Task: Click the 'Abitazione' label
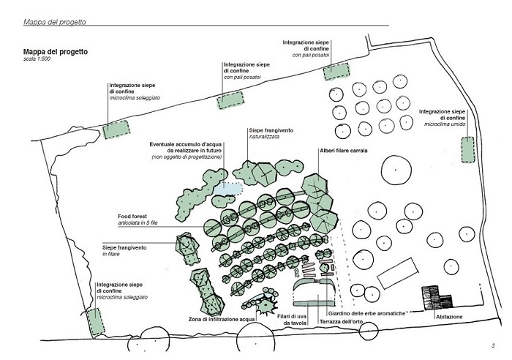click(x=449, y=317)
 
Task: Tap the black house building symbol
click(x=437, y=298)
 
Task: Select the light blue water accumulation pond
click(x=228, y=189)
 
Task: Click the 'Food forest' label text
click(x=132, y=217)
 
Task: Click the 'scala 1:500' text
click(x=37, y=59)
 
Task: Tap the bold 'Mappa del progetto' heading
click(x=56, y=52)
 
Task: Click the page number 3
click(x=493, y=345)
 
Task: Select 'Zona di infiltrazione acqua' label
click(x=222, y=319)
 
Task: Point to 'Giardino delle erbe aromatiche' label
click(x=366, y=313)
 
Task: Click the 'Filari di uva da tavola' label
click(x=292, y=320)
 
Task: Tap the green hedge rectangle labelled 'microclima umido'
click(x=467, y=149)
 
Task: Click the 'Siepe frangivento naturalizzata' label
click(x=271, y=133)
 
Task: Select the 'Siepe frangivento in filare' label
click(x=124, y=250)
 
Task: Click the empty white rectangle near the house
click(x=398, y=273)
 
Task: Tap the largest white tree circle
click(x=396, y=170)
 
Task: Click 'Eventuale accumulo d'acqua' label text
click(x=186, y=144)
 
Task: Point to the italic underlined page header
click(x=55, y=22)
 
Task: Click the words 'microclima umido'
click(x=445, y=124)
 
